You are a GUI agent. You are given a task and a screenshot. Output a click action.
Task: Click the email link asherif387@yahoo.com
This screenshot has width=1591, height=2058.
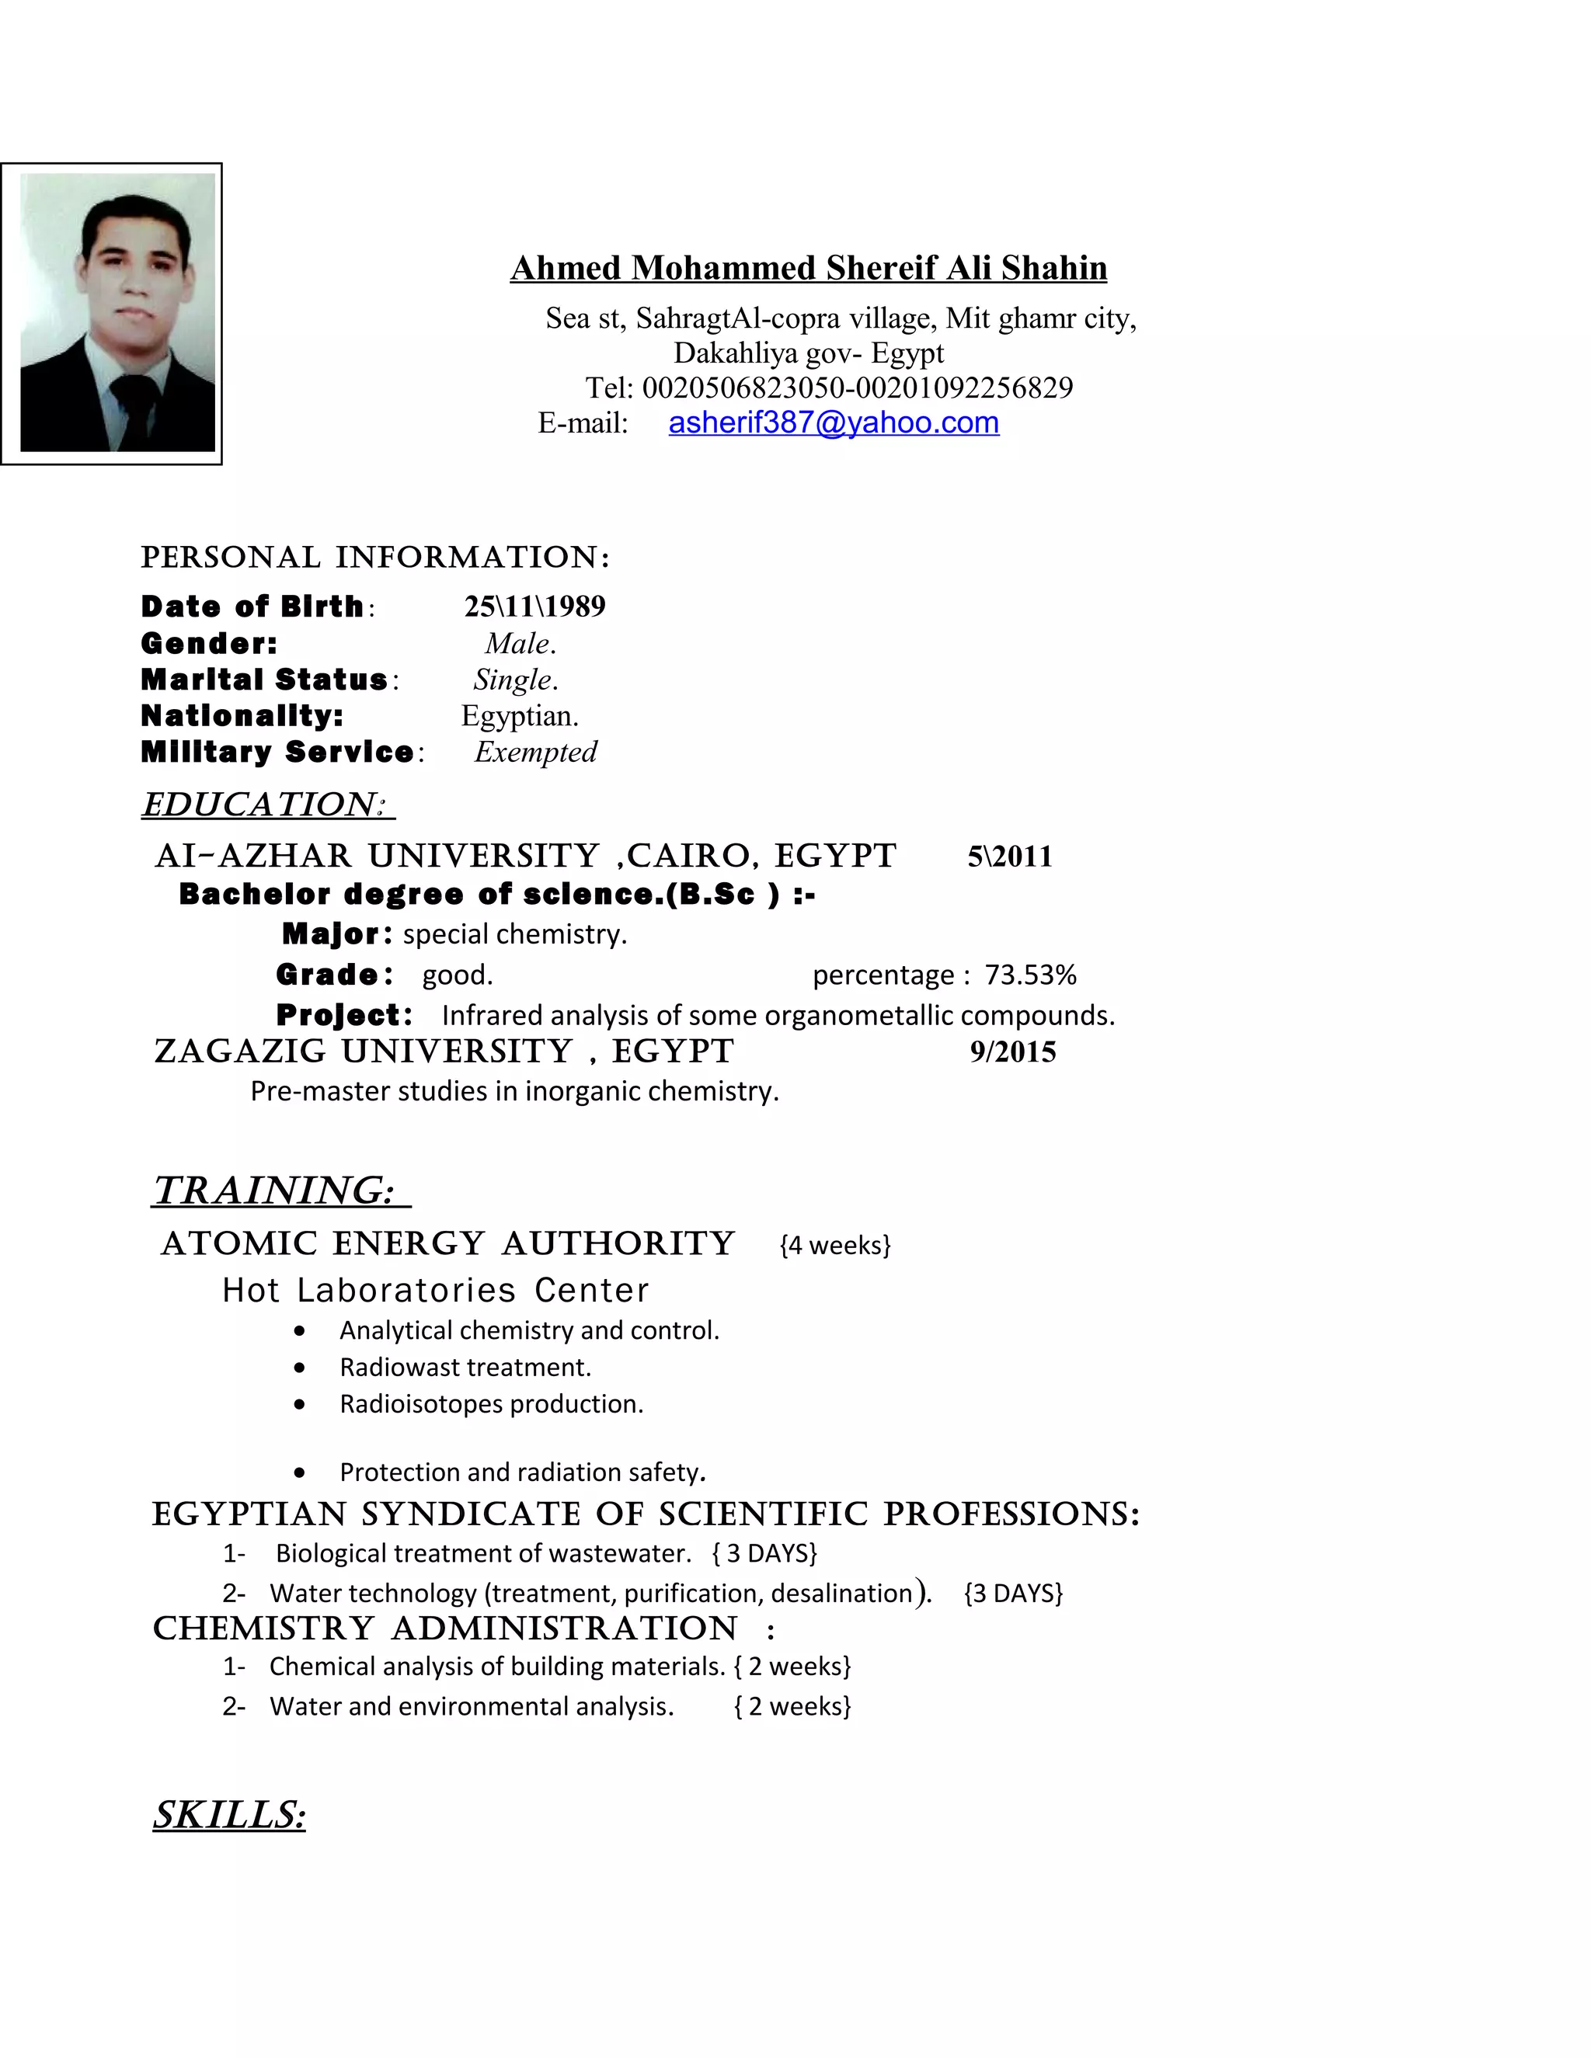[834, 423]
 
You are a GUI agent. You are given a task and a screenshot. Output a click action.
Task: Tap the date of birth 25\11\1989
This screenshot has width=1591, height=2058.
[534, 606]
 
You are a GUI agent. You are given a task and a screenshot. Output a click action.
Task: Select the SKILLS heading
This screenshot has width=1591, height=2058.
[229, 1814]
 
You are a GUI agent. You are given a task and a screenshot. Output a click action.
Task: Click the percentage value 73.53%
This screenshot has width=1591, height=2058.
[1030, 975]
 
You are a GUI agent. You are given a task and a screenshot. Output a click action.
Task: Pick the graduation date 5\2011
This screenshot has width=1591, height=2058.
[1009, 857]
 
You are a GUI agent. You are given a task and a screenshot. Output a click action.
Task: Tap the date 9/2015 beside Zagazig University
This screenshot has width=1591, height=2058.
[1012, 1052]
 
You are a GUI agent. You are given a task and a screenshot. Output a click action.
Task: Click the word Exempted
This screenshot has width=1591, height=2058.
[535, 752]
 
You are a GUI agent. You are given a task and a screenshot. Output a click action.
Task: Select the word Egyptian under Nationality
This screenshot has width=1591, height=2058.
[520, 716]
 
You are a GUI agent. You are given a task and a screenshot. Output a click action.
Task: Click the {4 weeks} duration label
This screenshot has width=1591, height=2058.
[835, 1245]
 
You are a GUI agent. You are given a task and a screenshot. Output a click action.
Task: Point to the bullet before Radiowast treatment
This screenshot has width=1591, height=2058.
[300, 1368]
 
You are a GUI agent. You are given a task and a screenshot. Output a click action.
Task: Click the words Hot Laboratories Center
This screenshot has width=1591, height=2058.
[436, 1290]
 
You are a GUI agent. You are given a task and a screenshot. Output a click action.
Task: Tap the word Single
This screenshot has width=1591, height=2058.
[514, 680]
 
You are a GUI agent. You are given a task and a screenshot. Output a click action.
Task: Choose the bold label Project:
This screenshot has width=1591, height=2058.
[344, 1015]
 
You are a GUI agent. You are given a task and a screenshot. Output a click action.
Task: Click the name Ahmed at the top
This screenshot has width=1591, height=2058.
[566, 269]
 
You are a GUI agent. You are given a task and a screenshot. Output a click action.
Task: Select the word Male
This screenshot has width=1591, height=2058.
[520, 644]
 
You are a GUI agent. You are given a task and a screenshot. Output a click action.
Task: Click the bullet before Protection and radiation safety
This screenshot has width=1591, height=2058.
[300, 1472]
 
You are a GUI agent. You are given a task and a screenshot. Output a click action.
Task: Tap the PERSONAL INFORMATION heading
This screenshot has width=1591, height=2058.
[375, 557]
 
